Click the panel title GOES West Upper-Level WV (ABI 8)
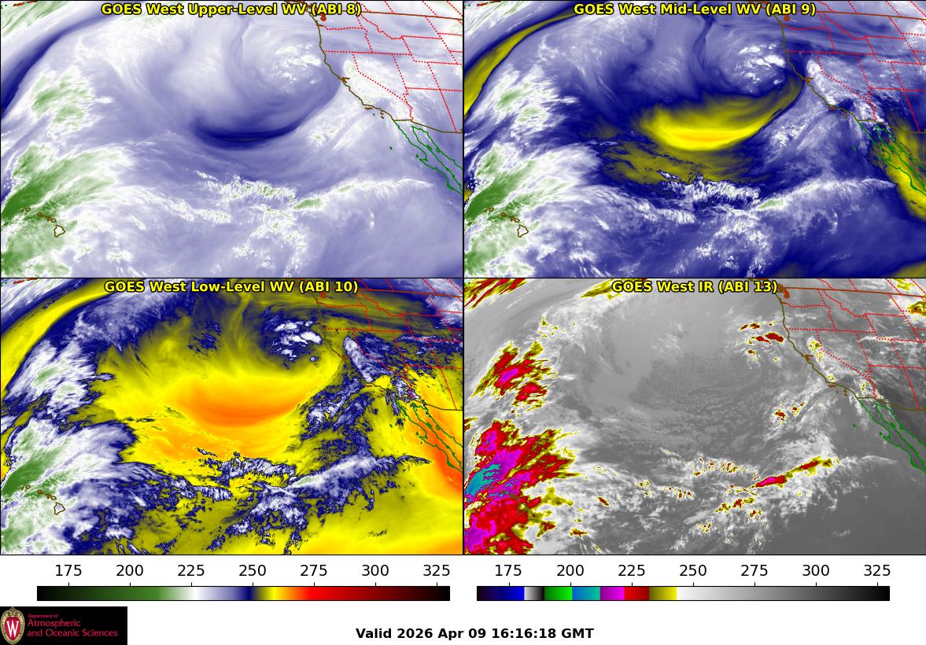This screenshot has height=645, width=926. pyautogui.click(x=231, y=9)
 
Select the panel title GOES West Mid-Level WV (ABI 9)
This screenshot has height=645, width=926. pyautogui.click(x=695, y=9)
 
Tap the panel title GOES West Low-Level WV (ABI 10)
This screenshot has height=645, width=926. pyautogui.click(x=231, y=287)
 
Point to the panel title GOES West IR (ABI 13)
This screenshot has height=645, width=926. pyautogui.click(x=695, y=287)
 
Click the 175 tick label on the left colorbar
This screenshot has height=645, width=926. pyautogui.click(x=68, y=571)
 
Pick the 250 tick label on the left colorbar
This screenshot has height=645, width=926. pyautogui.click(x=253, y=571)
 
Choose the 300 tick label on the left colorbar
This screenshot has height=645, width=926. pyautogui.click(x=375, y=571)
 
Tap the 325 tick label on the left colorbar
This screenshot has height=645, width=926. pyautogui.click(x=437, y=571)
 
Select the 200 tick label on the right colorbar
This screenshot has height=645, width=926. pyautogui.click(x=570, y=571)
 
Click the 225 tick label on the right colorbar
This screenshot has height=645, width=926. pyautogui.click(x=631, y=571)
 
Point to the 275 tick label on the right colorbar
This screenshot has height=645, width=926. pyautogui.click(x=754, y=571)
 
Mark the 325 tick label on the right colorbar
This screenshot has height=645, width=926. pyautogui.click(x=876, y=571)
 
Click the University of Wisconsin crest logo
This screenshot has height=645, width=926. pyautogui.click(x=13, y=625)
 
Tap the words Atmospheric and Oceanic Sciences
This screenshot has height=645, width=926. pyautogui.click(x=72, y=628)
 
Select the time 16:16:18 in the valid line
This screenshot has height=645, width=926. pyautogui.click(x=523, y=633)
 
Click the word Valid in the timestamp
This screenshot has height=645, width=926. pyautogui.click(x=374, y=633)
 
